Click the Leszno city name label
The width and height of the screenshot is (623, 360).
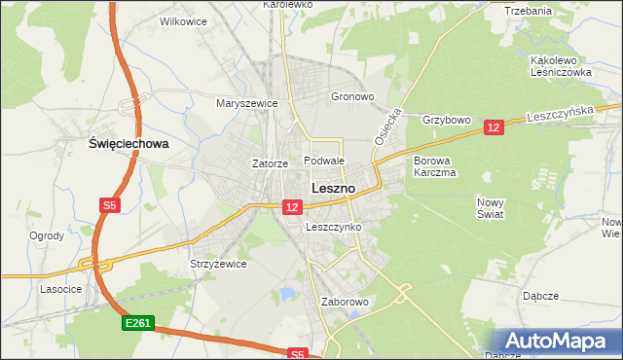coord(332,188)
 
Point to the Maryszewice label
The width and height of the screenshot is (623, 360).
coord(247,103)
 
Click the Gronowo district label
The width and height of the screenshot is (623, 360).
coord(352,97)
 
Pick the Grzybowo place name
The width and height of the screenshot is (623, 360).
coord(447,121)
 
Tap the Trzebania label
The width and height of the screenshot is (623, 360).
coord(529,11)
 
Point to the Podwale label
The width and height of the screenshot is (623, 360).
coord(324,161)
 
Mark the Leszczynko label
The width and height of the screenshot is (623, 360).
coord(334,227)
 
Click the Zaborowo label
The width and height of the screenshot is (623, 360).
coord(346,302)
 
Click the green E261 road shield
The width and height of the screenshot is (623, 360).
coord(138,323)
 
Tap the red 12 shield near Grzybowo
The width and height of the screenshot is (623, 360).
coord(494,127)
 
